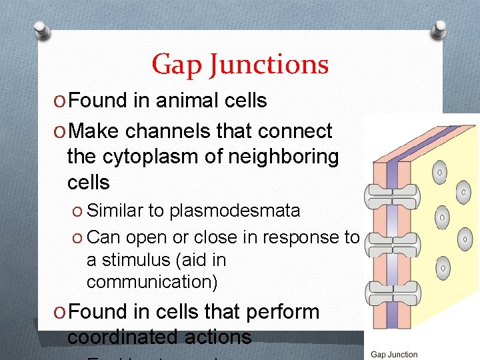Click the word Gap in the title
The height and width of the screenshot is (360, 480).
tap(177, 65)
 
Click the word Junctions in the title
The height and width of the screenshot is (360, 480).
tap(269, 65)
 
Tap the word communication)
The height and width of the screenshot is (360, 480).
tap(152, 282)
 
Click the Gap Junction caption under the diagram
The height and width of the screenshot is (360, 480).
tap(394, 354)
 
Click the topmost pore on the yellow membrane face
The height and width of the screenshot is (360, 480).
tap(440, 173)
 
